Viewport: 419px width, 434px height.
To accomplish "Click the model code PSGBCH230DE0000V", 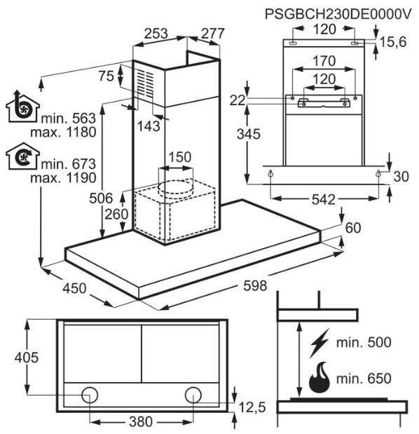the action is coord(338,13).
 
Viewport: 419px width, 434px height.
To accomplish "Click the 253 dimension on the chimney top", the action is coord(156,34).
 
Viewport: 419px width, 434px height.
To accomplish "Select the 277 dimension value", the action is coord(212,34).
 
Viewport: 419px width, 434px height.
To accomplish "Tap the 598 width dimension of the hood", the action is coord(255,285).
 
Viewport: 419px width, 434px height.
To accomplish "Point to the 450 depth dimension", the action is coord(74,288).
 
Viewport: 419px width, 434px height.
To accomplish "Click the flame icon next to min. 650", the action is coord(320,377).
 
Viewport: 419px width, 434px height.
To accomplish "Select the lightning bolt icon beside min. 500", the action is coord(320,343).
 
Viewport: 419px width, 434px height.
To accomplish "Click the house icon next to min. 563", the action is coord(22,107).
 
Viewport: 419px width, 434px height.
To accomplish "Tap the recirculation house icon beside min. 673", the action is coord(22,156).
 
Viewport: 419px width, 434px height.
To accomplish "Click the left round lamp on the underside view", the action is coord(90,395).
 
